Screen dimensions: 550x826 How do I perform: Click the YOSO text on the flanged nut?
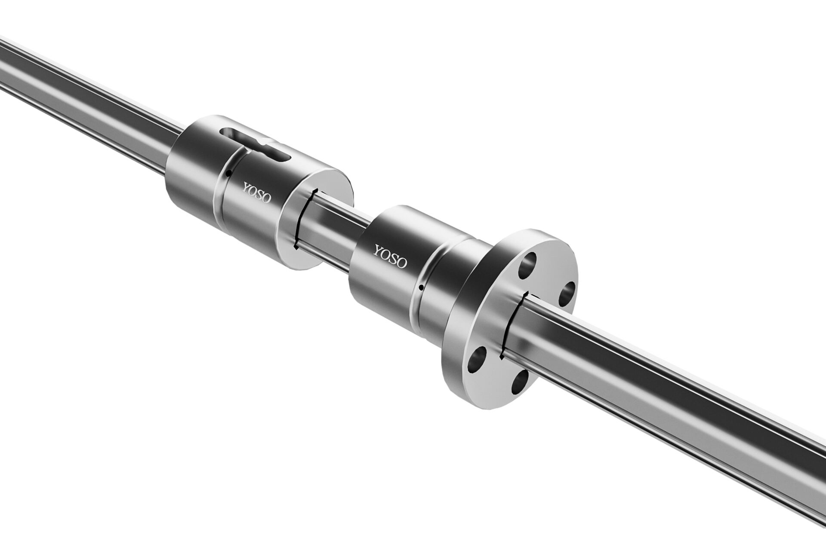[x=390, y=257]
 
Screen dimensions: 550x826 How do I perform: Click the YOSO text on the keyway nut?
[x=257, y=194]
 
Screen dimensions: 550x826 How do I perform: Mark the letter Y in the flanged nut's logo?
[x=378, y=251]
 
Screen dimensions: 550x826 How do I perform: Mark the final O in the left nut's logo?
[x=266, y=199]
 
